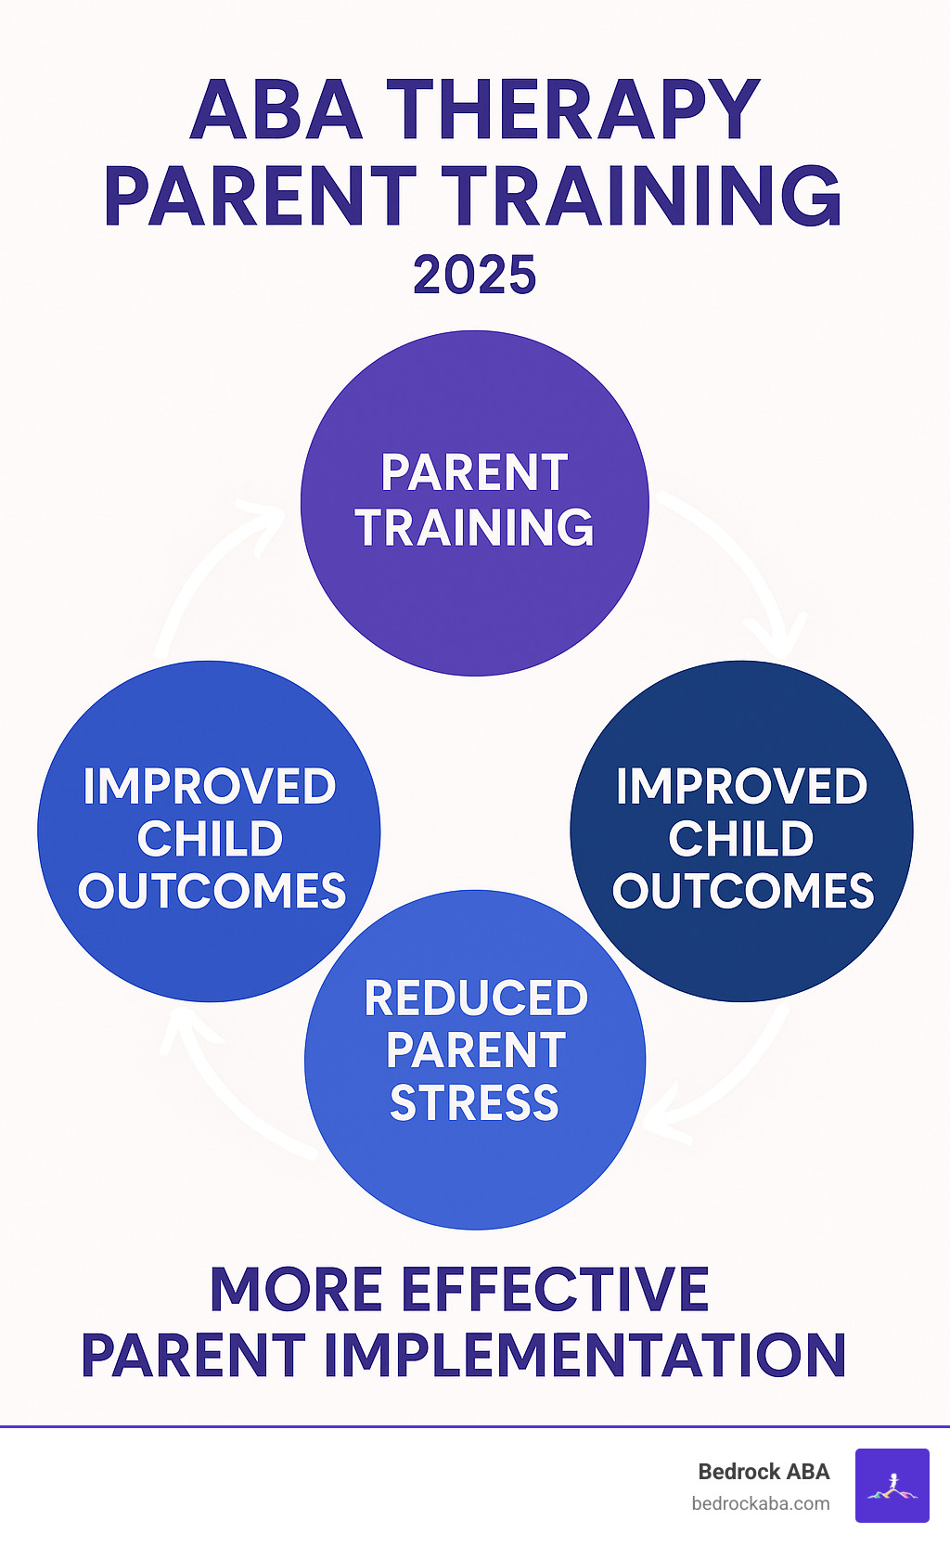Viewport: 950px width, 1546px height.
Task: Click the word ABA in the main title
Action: click(x=276, y=110)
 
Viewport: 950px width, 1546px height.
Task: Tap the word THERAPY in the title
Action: click(x=573, y=110)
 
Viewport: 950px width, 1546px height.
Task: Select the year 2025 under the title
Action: click(x=474, y=276)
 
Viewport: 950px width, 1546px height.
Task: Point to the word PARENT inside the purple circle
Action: click(x=474, y=473)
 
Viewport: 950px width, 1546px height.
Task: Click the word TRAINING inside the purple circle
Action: click(x=474, y=528)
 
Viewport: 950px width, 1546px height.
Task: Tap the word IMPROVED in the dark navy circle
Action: click(x=741, y=787)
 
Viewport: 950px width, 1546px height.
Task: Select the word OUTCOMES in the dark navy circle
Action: click(x=742, y=891)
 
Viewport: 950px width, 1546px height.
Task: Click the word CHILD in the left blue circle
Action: click(x=210, y=839)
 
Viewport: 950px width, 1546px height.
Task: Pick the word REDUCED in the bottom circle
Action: click(x=476, y=998)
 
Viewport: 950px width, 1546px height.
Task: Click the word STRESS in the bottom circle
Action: click(x=474, y=1103)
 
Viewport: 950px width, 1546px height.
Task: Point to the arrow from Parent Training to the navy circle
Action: click(x=742, y=566)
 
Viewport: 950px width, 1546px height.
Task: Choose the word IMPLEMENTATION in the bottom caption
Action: click(x=584, y=1356)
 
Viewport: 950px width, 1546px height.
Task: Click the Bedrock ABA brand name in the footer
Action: click(x=764, y=1472)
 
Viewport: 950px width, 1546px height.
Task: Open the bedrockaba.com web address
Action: click(x=761, y=1504)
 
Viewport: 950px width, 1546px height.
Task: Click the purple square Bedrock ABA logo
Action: click(x=892, y=1486)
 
